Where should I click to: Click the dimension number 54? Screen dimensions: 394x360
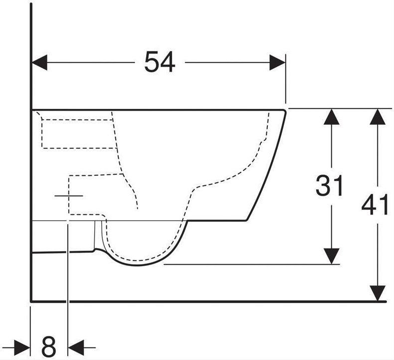click(x=160, y=62)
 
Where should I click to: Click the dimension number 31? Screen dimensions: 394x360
click(x=329, y=185)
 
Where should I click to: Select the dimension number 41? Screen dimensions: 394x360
click(x=375, y=205)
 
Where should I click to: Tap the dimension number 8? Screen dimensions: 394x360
click(x=49, y=348)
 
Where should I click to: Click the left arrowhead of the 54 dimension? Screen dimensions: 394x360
click(x=40, y=62)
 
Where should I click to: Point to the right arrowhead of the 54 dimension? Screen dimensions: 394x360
click(x=277, y=62)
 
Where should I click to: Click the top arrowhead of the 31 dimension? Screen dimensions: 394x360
click(x=332, y=117)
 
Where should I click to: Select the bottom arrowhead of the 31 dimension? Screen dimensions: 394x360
click(x=332, y=256)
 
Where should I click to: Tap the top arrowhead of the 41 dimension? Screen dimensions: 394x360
click(x=378, y=117)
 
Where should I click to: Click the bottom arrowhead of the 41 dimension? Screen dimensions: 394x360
click(x=378, y=293)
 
